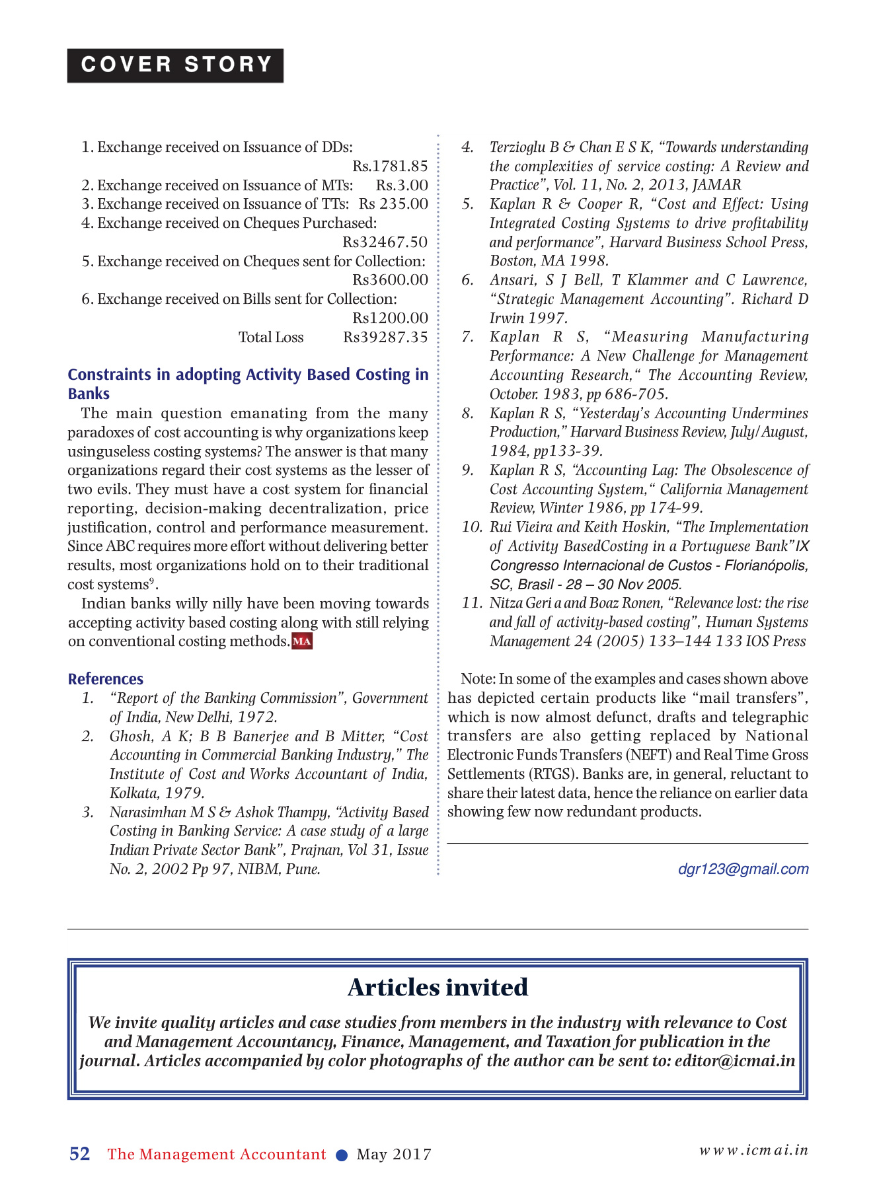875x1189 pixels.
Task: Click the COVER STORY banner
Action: point(175,65)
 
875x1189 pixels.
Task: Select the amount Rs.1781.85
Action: point(390,166)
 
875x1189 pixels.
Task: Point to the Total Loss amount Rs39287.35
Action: point(385,338)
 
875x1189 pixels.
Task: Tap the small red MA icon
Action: point(302,641)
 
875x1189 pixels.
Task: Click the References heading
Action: point(106,679)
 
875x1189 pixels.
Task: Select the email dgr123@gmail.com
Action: point(743,869)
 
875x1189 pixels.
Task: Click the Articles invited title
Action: point(437,988)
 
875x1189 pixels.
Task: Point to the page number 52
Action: point(80,1154)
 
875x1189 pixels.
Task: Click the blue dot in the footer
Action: point(342,1155)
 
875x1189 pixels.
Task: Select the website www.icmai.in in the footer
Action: point(753,1150)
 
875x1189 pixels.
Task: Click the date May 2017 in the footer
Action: point(394,1155)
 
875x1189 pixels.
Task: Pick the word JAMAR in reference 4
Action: point(717,185)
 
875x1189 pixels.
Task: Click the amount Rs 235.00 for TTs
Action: point(393,204)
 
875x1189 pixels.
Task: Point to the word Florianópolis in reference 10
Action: point(766,565)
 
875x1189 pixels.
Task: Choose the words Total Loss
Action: point(271,338)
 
